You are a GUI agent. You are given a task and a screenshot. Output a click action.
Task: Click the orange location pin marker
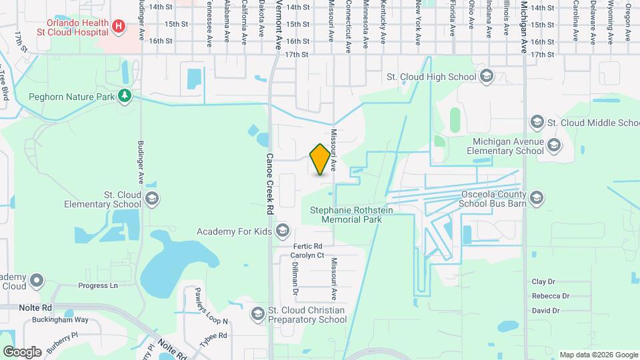tap(320, 159)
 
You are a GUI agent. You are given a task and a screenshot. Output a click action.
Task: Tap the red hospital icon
tap(119, 26)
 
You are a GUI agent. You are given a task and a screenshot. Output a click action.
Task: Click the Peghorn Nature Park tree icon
tap(125, 96)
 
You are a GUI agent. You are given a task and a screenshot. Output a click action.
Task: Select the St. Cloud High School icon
tap(485, 76)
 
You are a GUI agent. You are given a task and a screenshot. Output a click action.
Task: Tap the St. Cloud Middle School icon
tap(537, 123)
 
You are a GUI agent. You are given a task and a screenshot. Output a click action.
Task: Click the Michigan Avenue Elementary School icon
tap(553, 145)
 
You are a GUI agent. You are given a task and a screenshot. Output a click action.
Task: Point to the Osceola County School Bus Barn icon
tap(537, 197)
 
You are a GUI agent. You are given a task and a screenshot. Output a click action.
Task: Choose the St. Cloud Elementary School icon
tap(152, 199)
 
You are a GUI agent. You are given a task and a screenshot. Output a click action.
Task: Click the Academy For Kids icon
tap(283, 231)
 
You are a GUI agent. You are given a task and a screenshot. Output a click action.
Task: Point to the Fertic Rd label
tap(307, 246)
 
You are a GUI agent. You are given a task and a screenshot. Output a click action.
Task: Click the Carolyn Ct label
tap(307, 255)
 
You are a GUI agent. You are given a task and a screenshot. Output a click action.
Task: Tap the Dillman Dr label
tap(295, 279)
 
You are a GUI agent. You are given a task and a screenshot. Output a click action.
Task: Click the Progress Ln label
tap(97, 286)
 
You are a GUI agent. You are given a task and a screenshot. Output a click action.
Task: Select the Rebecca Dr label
tap(550, 296)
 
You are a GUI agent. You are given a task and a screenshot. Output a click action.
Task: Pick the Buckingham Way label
tap(60, 320)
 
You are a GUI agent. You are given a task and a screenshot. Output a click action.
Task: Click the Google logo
tap(22, 351)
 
